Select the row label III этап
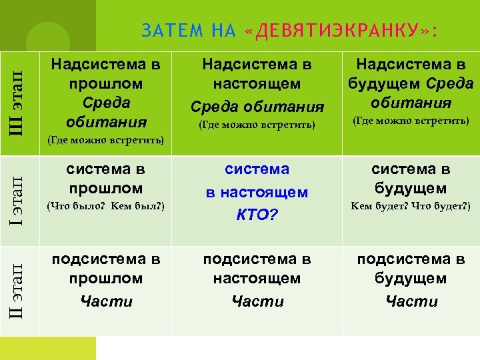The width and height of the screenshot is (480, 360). coord(21,103)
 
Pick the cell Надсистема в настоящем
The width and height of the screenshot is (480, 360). coord(257,75)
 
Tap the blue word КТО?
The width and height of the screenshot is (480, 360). coord(257,215)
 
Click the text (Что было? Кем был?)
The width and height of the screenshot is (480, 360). coord(105,206)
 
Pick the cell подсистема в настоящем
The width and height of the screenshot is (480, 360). coord(257,269)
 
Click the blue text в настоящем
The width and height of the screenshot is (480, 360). coord(257,193)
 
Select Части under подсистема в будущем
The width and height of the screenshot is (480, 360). coord(411,301)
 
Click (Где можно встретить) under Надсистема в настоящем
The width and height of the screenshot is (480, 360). coord(257,125)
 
